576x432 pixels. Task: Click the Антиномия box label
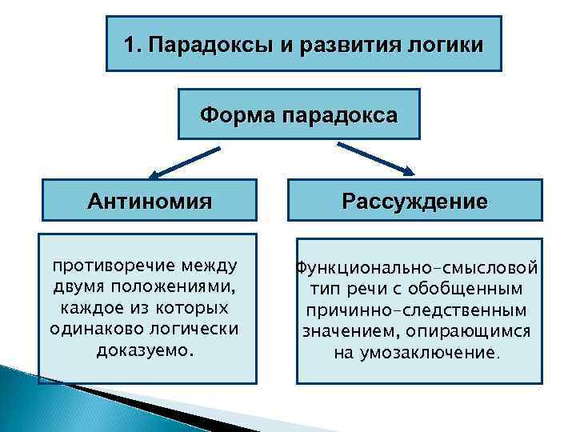click(x=150, y=201)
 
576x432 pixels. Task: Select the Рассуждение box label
click(x=414, y=201)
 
